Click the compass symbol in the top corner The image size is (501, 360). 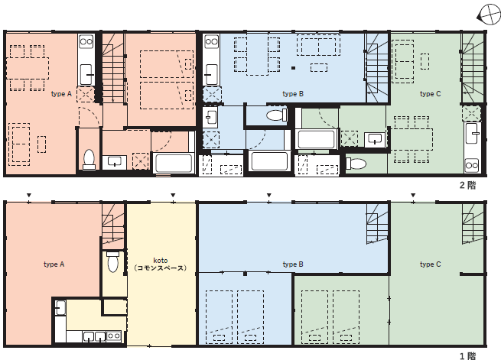click(x=489, y=15)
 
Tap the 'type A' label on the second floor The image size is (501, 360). click(x=61, y=94)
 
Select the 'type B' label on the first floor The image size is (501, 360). click(x=293, y=264)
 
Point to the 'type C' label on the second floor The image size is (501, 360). click(x=430, y=94)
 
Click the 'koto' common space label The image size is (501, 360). click(x=161, y=261)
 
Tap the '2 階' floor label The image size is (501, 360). click(x=468, y=185)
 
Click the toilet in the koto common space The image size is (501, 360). click(x=112, y=261)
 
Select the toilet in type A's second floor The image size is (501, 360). click(x=89, y=159)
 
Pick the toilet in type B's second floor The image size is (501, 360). click(x=276, y=115)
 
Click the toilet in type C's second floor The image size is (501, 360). click(x=356, y=164)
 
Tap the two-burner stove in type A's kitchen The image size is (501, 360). click(x=86, y=41)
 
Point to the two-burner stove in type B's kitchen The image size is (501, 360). click(x=211, y=41)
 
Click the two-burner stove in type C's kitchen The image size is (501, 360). click(x=472, y=165)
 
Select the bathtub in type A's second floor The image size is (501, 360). click(x=174, y=163)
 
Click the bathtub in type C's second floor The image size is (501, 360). click(x=317, y=138)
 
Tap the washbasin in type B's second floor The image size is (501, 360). click(x=210, y=117)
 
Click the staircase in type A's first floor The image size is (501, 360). click(x=113, y=225)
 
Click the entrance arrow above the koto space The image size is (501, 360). click(x=173, y=195)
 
